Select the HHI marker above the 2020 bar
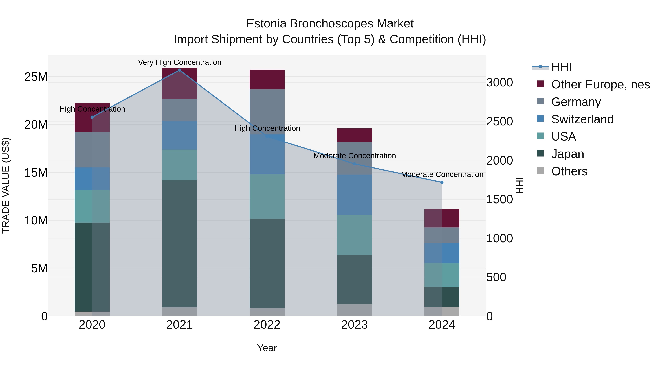point(92,117)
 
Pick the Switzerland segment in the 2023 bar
point(354,195)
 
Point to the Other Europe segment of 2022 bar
point(267,79)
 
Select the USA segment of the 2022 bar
point(267,196)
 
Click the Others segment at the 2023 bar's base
point(354,310)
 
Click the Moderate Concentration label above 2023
point(354,156)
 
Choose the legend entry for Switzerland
point(582,119)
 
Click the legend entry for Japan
point(567,154)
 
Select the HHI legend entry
point(561,67)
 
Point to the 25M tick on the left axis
point(36,77)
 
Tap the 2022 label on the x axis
point(267,325)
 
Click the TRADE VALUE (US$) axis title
point(6,185)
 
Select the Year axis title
point(267,348)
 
